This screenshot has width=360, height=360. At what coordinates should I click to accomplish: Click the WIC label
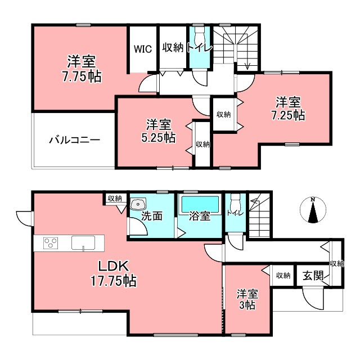pos(142,49)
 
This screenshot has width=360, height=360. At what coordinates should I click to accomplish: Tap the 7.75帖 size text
pos(82,76)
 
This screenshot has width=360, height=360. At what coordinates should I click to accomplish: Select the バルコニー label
pos(75,140)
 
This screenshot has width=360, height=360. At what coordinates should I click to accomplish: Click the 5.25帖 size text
pos(159,137)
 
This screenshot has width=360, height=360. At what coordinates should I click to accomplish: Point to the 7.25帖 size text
pos(288,115)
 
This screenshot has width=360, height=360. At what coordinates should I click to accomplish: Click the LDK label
pos(113,266)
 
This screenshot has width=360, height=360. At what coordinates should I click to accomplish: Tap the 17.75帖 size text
pos(114,281)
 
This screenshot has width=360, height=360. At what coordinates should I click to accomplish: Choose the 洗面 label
pos(152,216)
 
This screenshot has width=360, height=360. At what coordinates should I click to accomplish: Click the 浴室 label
pos(200,216)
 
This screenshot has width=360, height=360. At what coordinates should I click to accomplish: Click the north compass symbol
pos(313,210)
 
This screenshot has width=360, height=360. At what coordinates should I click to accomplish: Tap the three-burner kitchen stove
pos(51,243)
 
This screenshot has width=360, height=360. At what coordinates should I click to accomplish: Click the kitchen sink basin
pos(83,242)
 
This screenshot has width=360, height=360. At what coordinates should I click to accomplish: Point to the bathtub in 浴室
pos(200,205)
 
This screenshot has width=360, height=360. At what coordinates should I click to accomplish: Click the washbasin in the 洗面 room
pos(138,204)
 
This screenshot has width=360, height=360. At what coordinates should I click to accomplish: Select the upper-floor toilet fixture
pos(199,35)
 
